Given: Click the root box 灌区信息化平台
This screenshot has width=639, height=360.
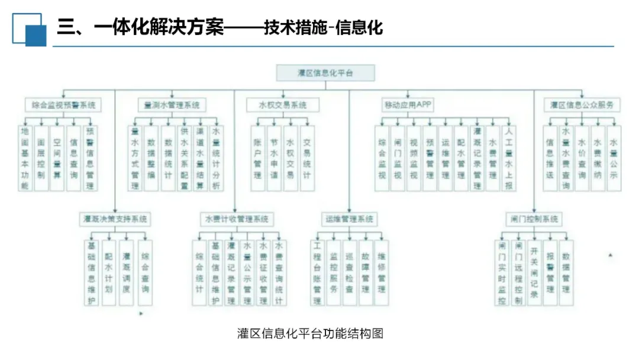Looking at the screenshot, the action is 325,73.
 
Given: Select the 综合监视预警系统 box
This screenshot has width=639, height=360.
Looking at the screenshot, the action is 63,105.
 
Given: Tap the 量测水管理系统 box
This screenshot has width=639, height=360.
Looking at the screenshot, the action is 172,105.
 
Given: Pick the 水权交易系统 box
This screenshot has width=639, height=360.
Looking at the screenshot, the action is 283,105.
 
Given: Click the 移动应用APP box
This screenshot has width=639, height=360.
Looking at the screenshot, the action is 408,105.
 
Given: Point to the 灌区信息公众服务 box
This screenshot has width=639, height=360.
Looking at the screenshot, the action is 582,105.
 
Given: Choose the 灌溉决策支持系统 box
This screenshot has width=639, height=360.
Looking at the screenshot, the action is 115,219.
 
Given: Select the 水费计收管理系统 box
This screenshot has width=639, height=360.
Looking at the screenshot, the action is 237,219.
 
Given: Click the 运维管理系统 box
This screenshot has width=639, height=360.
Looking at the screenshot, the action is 350,219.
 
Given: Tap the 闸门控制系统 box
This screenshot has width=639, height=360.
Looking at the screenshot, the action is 534,219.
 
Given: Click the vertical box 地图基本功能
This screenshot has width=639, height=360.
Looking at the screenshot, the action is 25,157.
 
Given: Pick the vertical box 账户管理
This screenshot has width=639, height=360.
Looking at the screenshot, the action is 258,157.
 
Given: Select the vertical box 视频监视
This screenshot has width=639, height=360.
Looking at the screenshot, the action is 414,157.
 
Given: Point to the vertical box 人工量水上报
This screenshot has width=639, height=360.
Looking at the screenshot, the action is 509,157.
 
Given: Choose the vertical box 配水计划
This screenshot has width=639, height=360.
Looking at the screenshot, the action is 108,271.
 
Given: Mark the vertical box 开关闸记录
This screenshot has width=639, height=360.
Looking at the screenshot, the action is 534,271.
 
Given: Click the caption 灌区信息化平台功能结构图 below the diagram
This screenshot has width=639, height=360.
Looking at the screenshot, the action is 311,333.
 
